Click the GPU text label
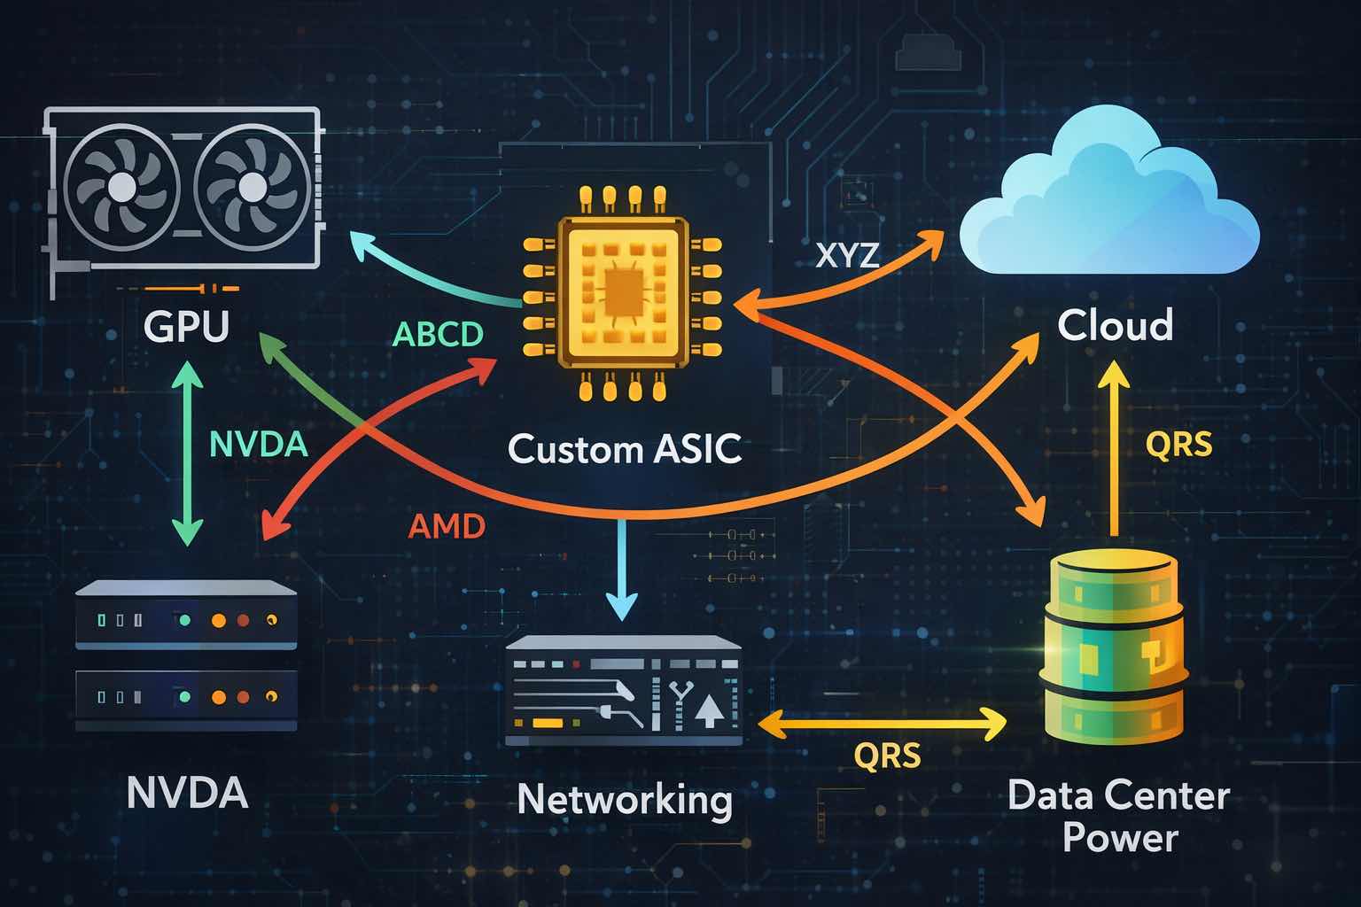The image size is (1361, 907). point(186,325)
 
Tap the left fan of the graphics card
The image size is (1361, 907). point(122,187)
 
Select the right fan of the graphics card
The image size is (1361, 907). point(252,187)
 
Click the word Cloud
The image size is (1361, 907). point(1116,325)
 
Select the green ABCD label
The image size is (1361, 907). point(438,334)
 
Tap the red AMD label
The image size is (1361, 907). point(447,527)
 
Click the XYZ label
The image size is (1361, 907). point(847,255)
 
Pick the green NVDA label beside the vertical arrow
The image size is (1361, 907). point(258,443)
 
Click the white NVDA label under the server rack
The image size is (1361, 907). point(187,793)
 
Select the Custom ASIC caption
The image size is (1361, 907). point(625,449)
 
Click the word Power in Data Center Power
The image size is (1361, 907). point(1120,837)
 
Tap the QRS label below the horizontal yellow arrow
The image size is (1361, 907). point(887,756)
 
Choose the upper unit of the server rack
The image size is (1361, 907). point(186,616)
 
